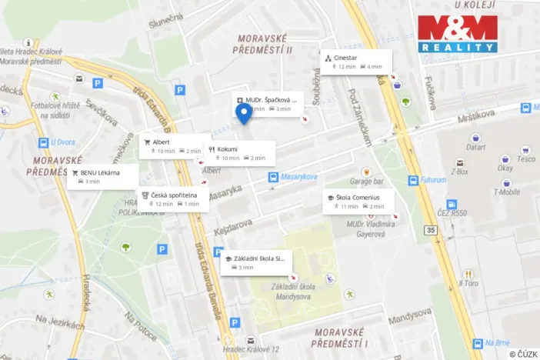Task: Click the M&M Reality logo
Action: pos(458,34)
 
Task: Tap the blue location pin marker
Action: pos(245,115)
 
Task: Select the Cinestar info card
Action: pos(356,62)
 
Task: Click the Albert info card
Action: pos(171,146)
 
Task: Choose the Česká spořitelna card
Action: pos(173,198)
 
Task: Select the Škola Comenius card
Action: pos(358,202)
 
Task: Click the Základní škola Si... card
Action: pos(258,262)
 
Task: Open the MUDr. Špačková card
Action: pos(268,104)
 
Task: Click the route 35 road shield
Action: pos(429,229)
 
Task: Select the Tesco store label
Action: pos(526,158)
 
